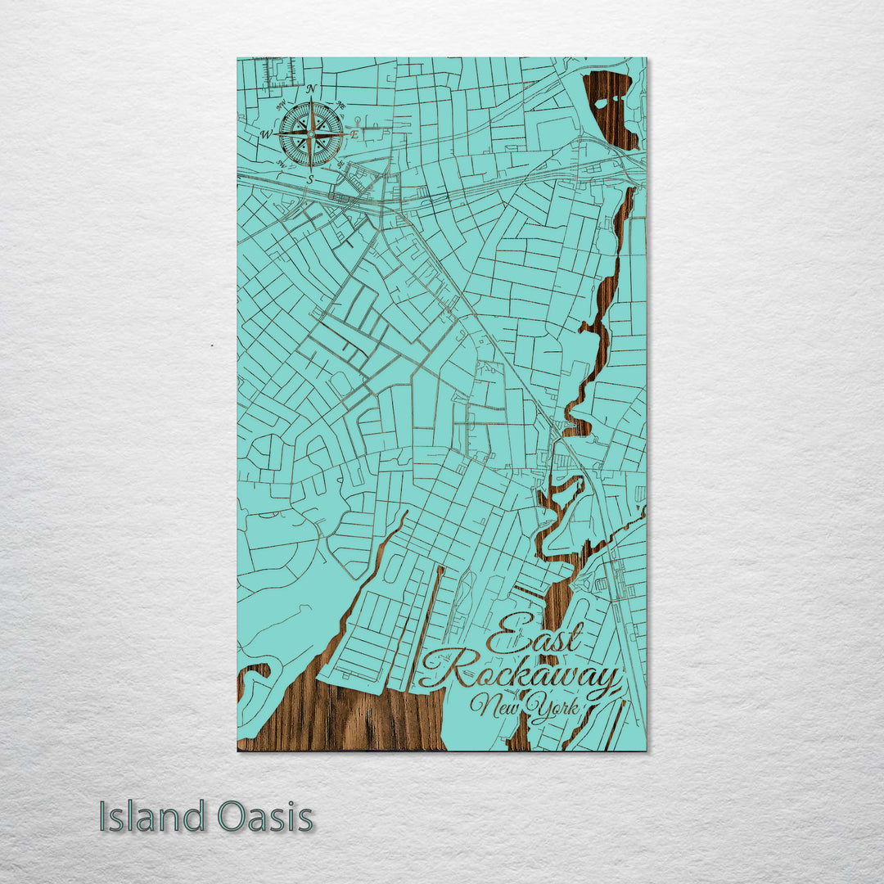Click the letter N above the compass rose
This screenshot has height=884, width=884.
click(311, 88)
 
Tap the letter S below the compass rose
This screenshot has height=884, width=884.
click(310, 178)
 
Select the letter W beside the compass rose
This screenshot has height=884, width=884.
click(266, 134)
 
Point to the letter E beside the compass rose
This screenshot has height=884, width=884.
click(355, 133)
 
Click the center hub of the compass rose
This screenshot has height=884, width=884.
click(311, 133)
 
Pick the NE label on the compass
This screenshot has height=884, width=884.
click(341, 104)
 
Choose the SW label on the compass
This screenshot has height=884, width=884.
click(281, 163)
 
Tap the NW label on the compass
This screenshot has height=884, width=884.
click(281, 104)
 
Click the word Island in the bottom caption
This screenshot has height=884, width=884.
click(152, 817)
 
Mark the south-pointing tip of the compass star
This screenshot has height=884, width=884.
click(311, 167)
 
